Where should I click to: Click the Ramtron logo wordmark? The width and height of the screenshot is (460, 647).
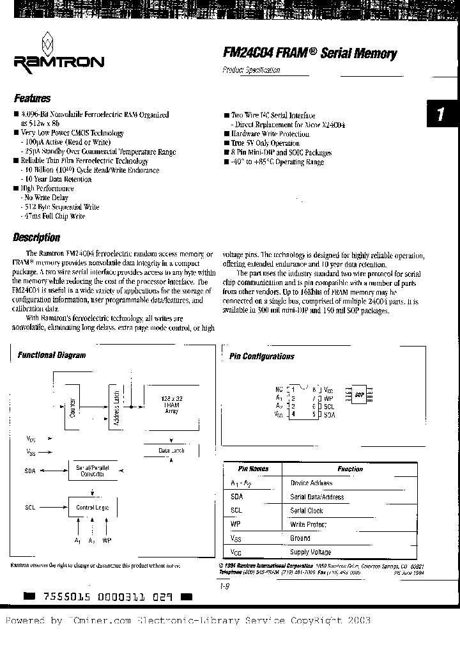(x=57, y=62)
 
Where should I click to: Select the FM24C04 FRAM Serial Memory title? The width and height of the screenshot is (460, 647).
(x=310, y=54)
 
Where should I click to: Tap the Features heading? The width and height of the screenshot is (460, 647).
(x=33, y=99)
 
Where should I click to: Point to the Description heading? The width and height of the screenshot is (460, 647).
(x=37, y=238)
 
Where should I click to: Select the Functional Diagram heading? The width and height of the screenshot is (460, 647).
(x=52, y=355)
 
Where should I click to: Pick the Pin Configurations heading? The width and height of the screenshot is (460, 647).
(x=262, y=357)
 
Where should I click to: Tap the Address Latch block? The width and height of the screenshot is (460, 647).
(x=116, y=407)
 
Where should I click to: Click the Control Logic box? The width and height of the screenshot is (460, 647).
(x=93, y=507)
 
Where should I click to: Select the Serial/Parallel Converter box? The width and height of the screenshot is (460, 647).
(x=93, y=471)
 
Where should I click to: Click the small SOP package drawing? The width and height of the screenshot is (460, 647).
(x=359, y=394)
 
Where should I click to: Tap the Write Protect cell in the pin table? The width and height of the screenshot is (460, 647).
(x=309, y=524)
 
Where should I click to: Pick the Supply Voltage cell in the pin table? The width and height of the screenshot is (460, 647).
(x=311, y=552)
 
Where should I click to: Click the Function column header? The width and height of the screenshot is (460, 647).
(x=351, y=469)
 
